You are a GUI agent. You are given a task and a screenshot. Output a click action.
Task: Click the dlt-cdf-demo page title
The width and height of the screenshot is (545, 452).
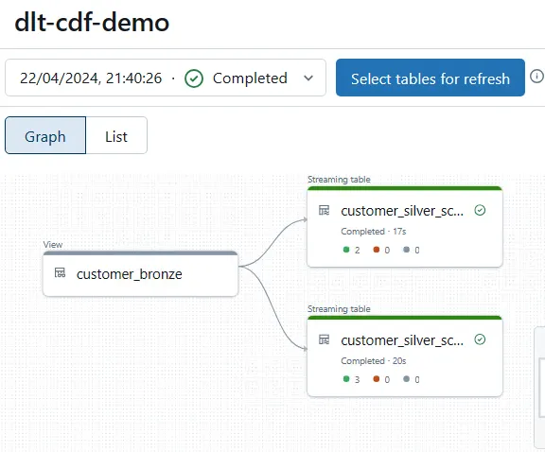coord(92,24)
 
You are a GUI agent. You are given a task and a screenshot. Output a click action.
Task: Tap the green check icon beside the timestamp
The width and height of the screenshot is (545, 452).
coord(194,78)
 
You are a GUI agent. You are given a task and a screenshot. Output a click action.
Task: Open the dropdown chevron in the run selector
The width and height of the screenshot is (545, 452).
coord(308,78)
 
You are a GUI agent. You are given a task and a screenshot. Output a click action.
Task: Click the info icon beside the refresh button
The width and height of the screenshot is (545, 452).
coord(536,77)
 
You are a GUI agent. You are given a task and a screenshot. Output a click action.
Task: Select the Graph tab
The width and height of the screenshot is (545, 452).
coord(45,136)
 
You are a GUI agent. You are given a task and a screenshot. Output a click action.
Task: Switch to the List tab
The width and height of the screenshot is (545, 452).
coord(116,136)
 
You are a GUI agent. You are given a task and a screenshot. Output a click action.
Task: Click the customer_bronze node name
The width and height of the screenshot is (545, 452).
coord(129,274)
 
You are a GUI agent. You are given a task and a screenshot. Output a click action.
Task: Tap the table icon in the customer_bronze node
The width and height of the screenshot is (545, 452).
coord(60,274)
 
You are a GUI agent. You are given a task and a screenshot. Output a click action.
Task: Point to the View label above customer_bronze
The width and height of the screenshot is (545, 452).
coord(53,245)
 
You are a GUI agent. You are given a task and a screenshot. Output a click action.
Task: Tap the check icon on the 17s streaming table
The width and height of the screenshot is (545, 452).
coord(480,210)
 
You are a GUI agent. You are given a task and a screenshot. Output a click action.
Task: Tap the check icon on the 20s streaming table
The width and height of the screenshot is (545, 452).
coord(480,339)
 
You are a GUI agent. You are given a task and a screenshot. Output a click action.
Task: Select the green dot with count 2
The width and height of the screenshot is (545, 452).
coord(346,250)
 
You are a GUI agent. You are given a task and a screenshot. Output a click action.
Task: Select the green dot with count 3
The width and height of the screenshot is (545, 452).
coord(346,379)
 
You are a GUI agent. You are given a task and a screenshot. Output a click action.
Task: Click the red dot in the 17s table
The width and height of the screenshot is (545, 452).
coord(377,250)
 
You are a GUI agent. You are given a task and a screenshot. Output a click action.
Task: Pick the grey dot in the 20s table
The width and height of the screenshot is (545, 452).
coord(407,379)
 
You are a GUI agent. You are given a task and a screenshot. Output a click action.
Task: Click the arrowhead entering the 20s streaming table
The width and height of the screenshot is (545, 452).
coord(304,349)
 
